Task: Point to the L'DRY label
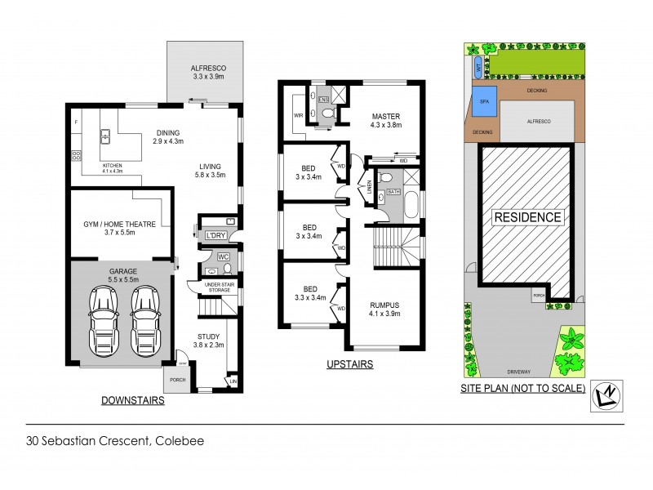(x=215, y=236)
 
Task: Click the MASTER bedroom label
(x=384, y=117)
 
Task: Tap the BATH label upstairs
(x=393, y=193)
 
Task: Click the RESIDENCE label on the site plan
(x=526, y=217)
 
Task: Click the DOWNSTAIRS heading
(x=132, y=401)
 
